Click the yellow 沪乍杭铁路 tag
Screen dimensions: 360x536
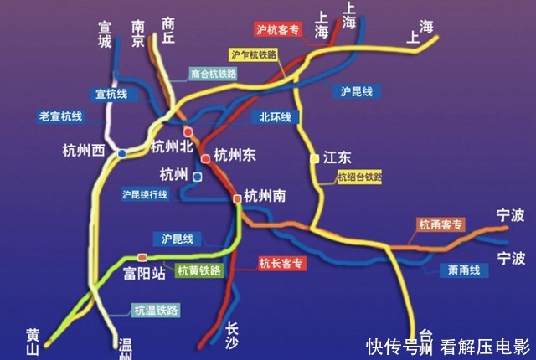[253, 54]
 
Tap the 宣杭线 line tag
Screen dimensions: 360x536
[111, 94]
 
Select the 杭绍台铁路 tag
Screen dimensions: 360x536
[359, 177]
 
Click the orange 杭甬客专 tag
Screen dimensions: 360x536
[441, 224]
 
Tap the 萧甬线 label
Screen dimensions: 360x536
[462, 270]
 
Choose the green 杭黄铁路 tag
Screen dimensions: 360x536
[199, 270]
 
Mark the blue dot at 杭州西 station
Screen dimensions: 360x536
[122, 153]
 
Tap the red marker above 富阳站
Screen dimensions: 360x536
[142, 257]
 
